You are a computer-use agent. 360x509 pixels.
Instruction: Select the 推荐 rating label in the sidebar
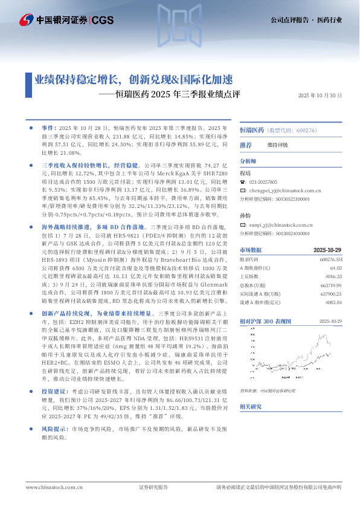click(x=246, y=145)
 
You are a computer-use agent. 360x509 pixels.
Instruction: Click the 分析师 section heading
click(x=248, y=162)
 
